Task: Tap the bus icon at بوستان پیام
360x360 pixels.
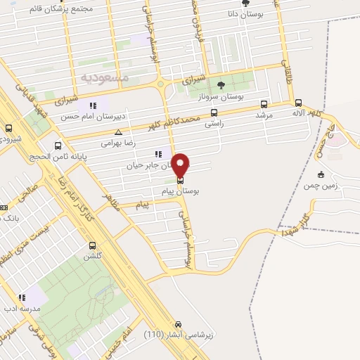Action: (x=181, y=180)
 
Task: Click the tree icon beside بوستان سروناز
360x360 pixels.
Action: (x=221, y=86)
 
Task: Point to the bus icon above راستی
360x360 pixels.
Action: (x=214, y=112)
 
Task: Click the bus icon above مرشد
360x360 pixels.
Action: (x=264, y=104)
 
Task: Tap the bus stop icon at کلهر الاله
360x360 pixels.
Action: (x=299, y=102)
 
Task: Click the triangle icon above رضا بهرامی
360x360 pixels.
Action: (x=118, y=131)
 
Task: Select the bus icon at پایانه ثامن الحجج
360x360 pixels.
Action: (x=58, y=146)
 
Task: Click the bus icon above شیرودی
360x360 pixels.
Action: (x=8, y=129)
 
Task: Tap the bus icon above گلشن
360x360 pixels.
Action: (x=92, y=245)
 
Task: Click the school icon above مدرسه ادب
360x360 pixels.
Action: (x=22, y=297)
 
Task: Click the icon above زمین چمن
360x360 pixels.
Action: (x=321, y=174)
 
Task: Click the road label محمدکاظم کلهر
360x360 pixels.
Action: (x=169, y=123)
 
